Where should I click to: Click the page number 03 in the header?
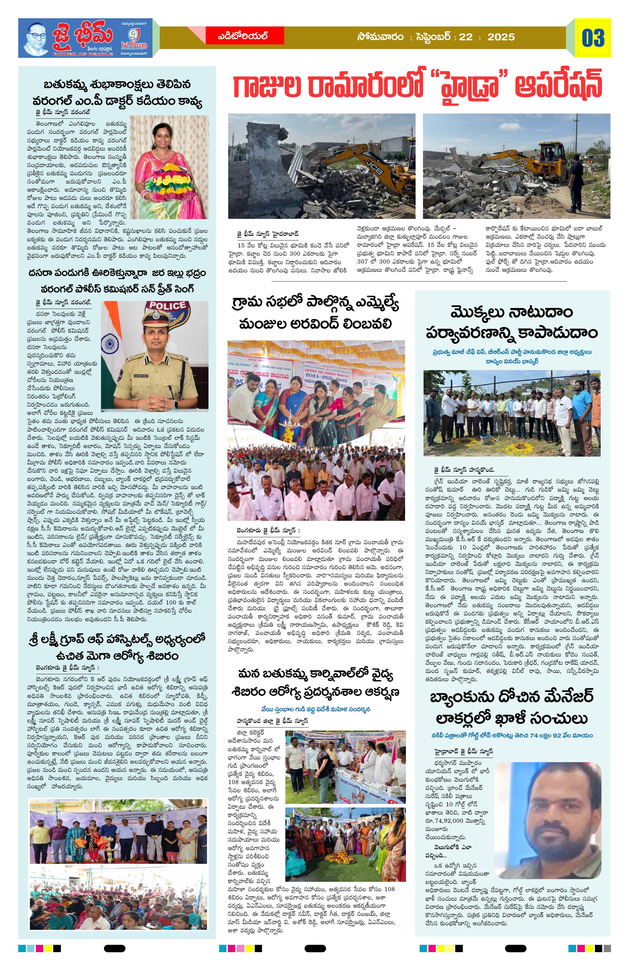pos(593,38)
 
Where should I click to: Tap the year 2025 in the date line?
pos(501,37)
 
